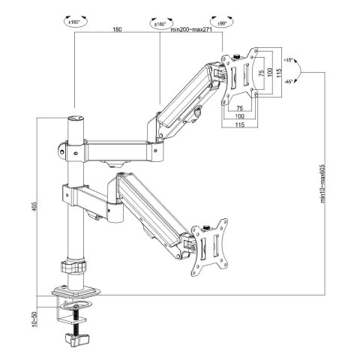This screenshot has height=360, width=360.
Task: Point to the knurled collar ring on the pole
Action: coord(73,266)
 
